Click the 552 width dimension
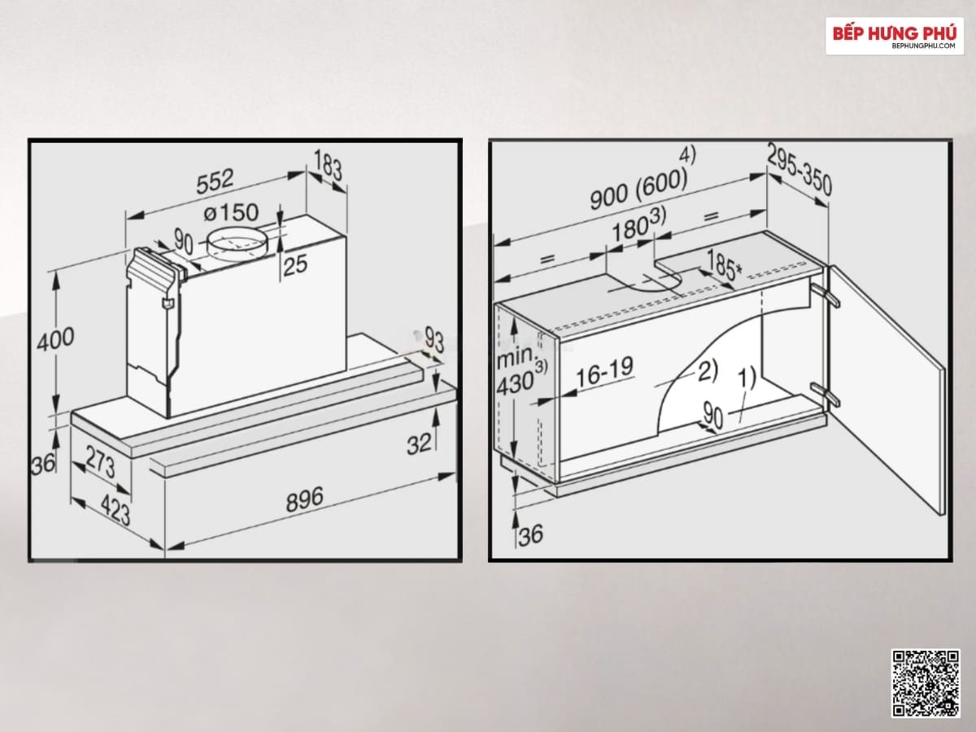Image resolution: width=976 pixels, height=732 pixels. (x=215, y=181)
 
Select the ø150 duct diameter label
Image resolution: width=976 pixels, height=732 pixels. (x=231, y=212)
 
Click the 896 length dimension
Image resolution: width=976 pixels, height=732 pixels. (x=304, y=499)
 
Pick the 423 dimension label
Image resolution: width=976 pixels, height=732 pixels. (x=115, y=510)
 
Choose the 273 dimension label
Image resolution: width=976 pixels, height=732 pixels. (x=101, y=462)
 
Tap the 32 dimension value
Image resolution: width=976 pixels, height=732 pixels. (x=418, y=444)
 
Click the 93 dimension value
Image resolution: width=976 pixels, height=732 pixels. (x=434, y=339)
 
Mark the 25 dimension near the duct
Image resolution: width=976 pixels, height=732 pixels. (x=294, y=265)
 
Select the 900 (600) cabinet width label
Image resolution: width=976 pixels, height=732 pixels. (x=638, y=190)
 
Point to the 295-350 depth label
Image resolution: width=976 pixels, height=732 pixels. (x=799, y=171)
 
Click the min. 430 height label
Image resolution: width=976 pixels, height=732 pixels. (x=521, y=371)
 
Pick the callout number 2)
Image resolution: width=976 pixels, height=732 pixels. (x=708, y=371)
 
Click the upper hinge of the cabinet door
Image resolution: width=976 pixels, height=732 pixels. (x=827, y=294)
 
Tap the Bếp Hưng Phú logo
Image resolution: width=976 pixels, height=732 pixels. (x=895, y=36)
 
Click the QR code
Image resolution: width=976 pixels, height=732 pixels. (x=926, y=686)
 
